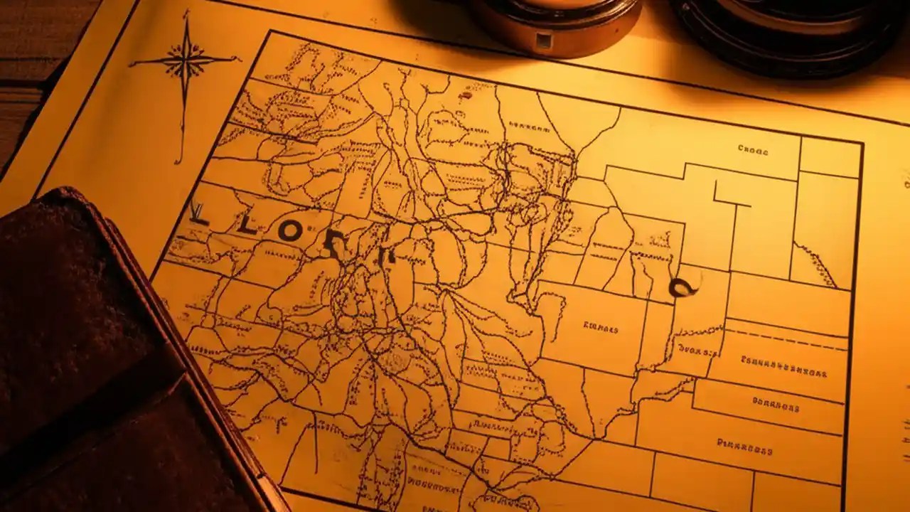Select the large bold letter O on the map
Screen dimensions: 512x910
click(x=291, y=231)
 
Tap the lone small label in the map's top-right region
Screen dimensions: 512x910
click(x=753, y=149)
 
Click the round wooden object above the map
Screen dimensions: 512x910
click(x=555, y=25)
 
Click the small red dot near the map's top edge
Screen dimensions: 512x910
click(x=466, y=95)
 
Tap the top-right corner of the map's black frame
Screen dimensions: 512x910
click(x=863, y=143)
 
